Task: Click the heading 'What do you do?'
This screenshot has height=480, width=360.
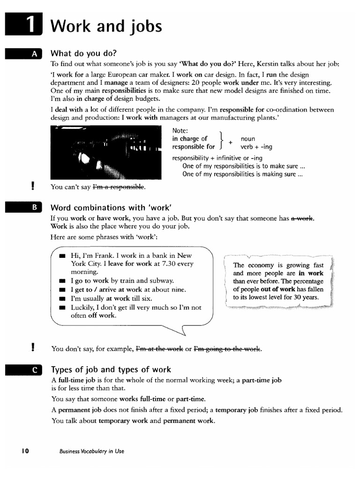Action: [x=83, y=53]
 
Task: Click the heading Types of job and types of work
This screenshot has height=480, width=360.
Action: [x=111, y=369]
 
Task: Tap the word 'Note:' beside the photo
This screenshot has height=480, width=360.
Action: [x=180, y=130]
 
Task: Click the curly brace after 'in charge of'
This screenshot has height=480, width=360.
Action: [x=220, y=142]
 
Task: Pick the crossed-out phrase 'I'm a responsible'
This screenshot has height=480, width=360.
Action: [x=119, y=187]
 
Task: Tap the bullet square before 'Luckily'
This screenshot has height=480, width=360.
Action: [x=62, y=307]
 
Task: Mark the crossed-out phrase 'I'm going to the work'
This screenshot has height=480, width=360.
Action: [x=227, y=349]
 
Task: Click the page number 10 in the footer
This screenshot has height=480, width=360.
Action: [x=24, y=451]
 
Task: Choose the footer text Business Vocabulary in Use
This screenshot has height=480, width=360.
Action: [x=92, y=451]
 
